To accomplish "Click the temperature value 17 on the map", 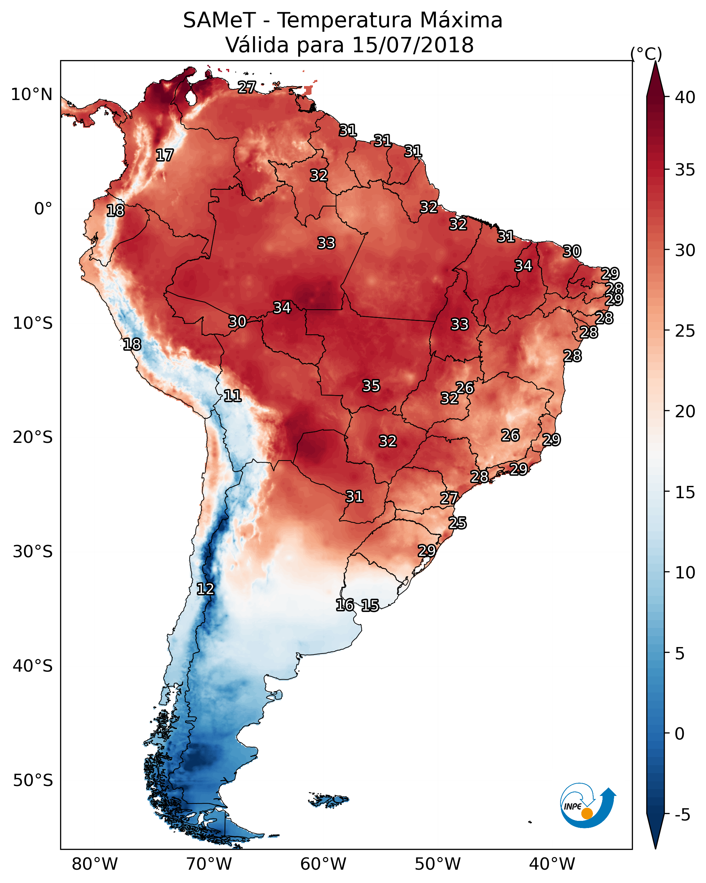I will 165,155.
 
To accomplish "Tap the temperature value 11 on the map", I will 232,396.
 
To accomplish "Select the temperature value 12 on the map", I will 205,589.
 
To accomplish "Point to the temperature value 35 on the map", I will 371,386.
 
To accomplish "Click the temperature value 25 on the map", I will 457,523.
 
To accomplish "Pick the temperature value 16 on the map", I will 345,605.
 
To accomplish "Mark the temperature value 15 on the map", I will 370,605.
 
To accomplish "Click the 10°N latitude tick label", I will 31,95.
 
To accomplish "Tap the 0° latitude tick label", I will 43,209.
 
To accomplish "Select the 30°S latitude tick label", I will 33,552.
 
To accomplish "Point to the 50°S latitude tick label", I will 33,781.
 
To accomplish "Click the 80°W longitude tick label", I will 95,864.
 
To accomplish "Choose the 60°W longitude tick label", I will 323,864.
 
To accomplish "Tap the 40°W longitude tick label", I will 552,864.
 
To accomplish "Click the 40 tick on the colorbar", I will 685,97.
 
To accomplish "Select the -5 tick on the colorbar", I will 683,815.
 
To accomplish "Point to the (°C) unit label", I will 646,54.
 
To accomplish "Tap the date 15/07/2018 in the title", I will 413,45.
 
